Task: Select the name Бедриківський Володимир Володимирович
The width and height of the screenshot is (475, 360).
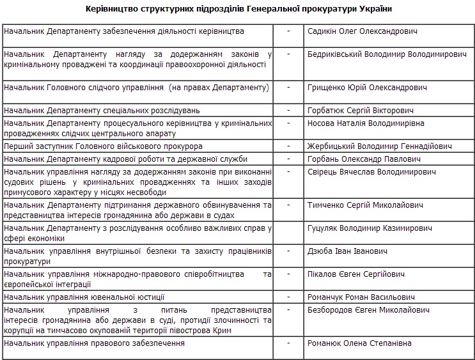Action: tap(387, 55)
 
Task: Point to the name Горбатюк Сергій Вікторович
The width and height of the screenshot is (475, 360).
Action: tap(360, 111)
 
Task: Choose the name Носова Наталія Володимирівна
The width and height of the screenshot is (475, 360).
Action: tap(365, 123)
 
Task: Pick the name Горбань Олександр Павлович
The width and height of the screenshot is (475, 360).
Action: tap(363, 159)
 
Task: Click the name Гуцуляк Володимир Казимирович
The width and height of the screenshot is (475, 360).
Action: tap(370, 228)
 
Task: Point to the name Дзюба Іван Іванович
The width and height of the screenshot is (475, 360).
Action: tap(347, 251)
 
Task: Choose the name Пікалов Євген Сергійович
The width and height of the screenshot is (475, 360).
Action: tap(355, 274)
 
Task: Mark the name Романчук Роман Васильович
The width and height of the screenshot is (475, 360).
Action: tap(361, 297)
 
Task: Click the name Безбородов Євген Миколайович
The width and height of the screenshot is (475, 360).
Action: tap(368, 310)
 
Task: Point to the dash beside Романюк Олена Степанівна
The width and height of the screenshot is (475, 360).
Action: tap(289, 343)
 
